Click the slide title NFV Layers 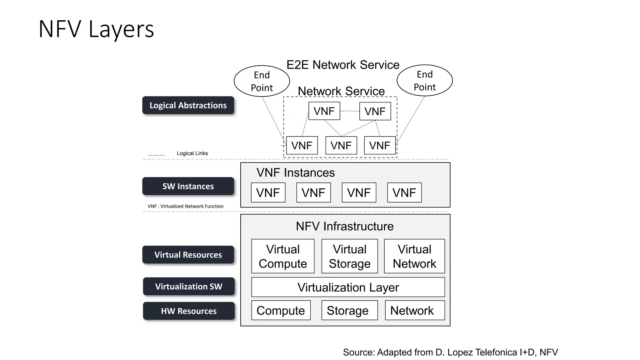pyautogui.click(x=96, y=29)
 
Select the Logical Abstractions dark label pyautogui.click(x=188, y=105)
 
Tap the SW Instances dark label pyautogui.click(x=188, y=186)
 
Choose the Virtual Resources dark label pyautogui.click(x=188, y=255)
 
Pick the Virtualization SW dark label pyautogui.click(x=189, y=286)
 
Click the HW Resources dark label pyautogui.click(x=189, y=311)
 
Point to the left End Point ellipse pyautogui.click(x=262, y=81)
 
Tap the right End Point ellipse pyautogui.click(x=425, y=81)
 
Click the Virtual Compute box pyautogui.click(x=283, y=256)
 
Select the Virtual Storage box pyautogui.click(x=350, y=256)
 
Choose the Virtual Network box pyautogui.click(x=414, y=256)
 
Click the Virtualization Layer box pyautogui.click(x=348, y=287)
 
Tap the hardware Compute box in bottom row pyautogui.click(x=281, y=310)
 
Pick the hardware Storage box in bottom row pyautogui.click(x=349, y=310)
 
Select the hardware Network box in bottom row pyautogui.click(x=415, y=310)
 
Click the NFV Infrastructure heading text pyautogui.click(x=345, y=226)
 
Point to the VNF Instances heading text pyautogui.click(x=296, y=173)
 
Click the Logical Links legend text pyautogui.click(x=192, y=153)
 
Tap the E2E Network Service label pyautogui.click(x=343, y=65)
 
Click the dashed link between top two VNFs pyautogui.click(x=350, y=111)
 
